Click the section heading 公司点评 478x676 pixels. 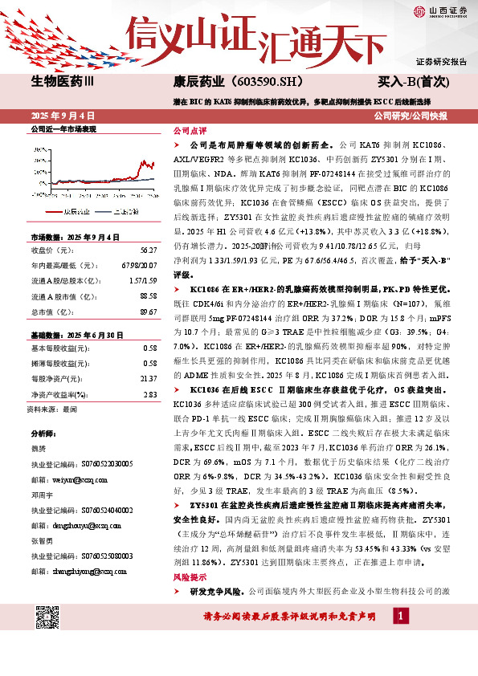tap(190, 130)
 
